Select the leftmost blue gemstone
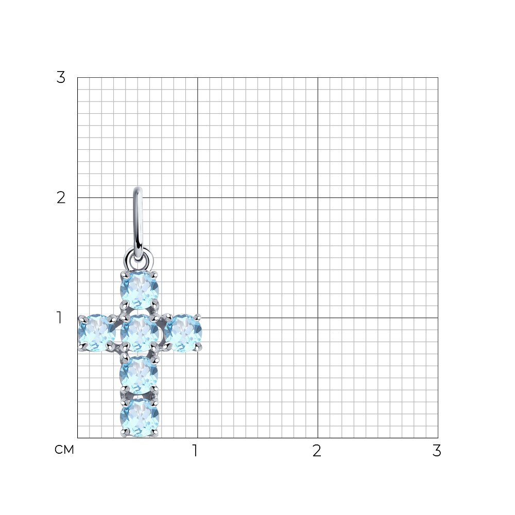point(97,333)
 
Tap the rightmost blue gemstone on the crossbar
point(183,333)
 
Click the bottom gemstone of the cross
point(140,418)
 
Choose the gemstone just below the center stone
point(139,375)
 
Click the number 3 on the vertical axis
point(61,78)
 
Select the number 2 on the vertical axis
point(61,198)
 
